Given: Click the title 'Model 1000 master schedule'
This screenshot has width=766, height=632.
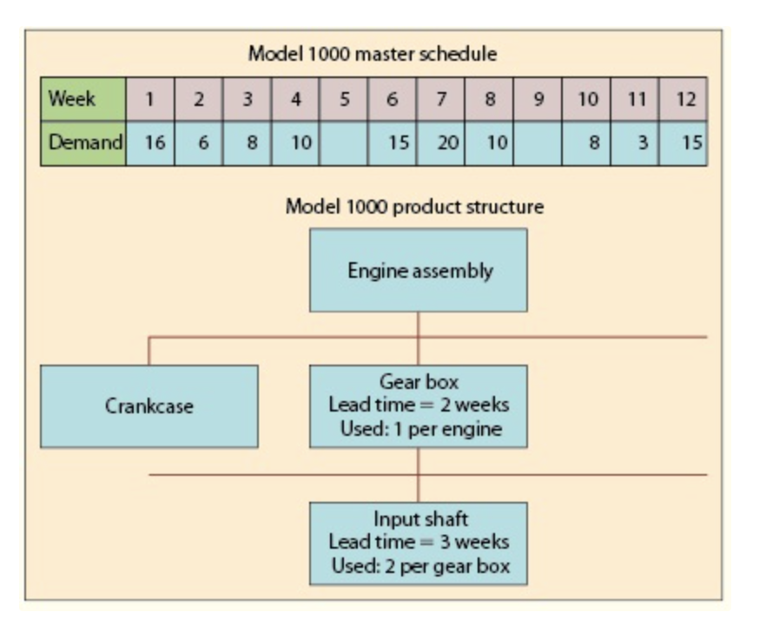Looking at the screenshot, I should [373, 54].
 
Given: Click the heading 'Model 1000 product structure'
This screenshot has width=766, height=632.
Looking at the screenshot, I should [414, 207].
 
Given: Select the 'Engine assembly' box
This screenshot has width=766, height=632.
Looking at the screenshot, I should [418, 270].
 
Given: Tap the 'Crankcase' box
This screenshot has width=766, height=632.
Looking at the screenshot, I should [149, 406].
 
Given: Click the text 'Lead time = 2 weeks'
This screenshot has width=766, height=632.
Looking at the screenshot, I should [419, 405].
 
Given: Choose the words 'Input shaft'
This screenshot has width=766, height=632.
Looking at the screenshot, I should [419, 520].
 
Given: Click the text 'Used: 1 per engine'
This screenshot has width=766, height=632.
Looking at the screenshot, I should [419, 427].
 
